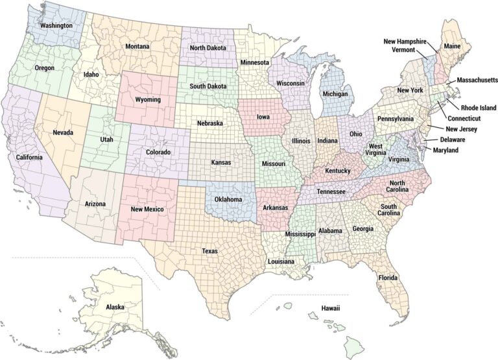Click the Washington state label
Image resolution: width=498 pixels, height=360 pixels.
tap(56, 26)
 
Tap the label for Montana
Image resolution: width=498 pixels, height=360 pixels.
tap(137, 47)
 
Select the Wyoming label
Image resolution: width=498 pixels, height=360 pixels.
tap(148, 100)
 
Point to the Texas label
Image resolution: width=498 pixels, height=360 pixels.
tap(209, 251)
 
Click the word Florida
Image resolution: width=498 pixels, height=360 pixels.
tap(388, 278)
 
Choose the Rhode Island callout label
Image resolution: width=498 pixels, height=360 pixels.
tap(479, 108)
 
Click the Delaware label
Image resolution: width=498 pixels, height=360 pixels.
tap(453, 139)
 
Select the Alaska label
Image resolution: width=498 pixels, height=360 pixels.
tap(115, 306)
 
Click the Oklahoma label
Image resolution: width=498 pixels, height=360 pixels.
tap(228, 199)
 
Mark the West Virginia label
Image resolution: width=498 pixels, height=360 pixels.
tap(376, 150)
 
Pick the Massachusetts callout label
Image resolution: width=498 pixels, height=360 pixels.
tap(477, 80)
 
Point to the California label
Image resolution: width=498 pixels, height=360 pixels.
tap(30, 158)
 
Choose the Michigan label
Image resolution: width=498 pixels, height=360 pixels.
tap(335, 94)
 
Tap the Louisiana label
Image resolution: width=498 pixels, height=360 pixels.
tap(281, 261)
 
